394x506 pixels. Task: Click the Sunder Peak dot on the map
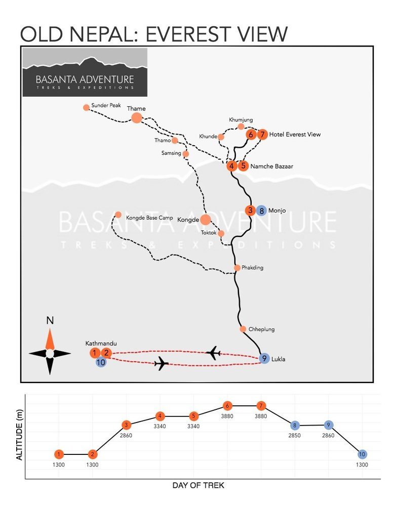86,107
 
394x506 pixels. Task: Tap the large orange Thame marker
137,118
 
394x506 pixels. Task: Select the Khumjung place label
241,120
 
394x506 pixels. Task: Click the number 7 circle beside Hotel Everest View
262,134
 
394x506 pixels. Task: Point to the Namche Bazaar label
272,166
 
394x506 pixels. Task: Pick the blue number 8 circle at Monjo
262,210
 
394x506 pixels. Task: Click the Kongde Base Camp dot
118,215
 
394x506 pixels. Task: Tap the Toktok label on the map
209,233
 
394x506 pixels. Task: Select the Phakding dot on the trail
237,268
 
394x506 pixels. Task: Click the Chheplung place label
262,329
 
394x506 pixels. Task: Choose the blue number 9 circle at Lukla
264,358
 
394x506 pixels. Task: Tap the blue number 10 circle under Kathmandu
101,362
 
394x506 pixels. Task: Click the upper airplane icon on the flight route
213,353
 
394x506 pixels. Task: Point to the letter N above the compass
50,320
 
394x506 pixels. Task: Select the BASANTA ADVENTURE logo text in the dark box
85,79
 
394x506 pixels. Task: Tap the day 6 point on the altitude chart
227,406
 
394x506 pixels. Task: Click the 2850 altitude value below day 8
295,435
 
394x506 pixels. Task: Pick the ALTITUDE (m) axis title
19,435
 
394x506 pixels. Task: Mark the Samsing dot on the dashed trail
186,154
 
